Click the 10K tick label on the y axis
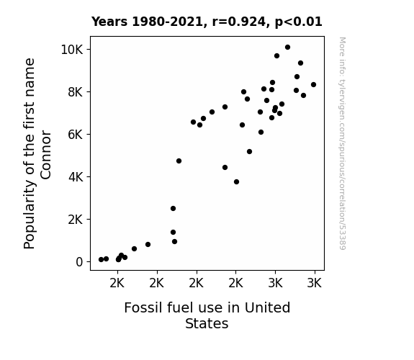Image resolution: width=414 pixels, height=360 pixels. click(72, 50)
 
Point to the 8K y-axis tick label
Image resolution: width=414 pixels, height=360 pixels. click(76, 92)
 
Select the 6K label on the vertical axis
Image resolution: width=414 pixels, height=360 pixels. click(76, 135)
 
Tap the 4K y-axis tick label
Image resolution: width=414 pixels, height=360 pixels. click(76, 177)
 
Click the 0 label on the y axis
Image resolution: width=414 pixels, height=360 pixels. click(79, 262)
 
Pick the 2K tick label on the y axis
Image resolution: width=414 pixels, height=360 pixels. click(76, 220)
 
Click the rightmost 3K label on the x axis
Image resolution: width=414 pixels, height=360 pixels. click(315, 284)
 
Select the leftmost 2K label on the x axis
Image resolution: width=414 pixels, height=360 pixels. click(117, 284)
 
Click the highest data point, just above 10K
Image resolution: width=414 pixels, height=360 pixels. click(287, 48)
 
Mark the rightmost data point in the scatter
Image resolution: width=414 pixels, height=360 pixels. click(313, 85)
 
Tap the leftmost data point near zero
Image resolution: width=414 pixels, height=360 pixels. click(101, 260)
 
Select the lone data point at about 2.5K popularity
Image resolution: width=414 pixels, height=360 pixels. click(173, 209)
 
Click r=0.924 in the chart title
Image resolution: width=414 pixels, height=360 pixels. click(239, 22)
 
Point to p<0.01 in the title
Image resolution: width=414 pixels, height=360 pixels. click(298, 22)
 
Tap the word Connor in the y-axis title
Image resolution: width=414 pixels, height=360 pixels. click(45, 155)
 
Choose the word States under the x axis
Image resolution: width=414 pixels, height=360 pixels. click(207, 323)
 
